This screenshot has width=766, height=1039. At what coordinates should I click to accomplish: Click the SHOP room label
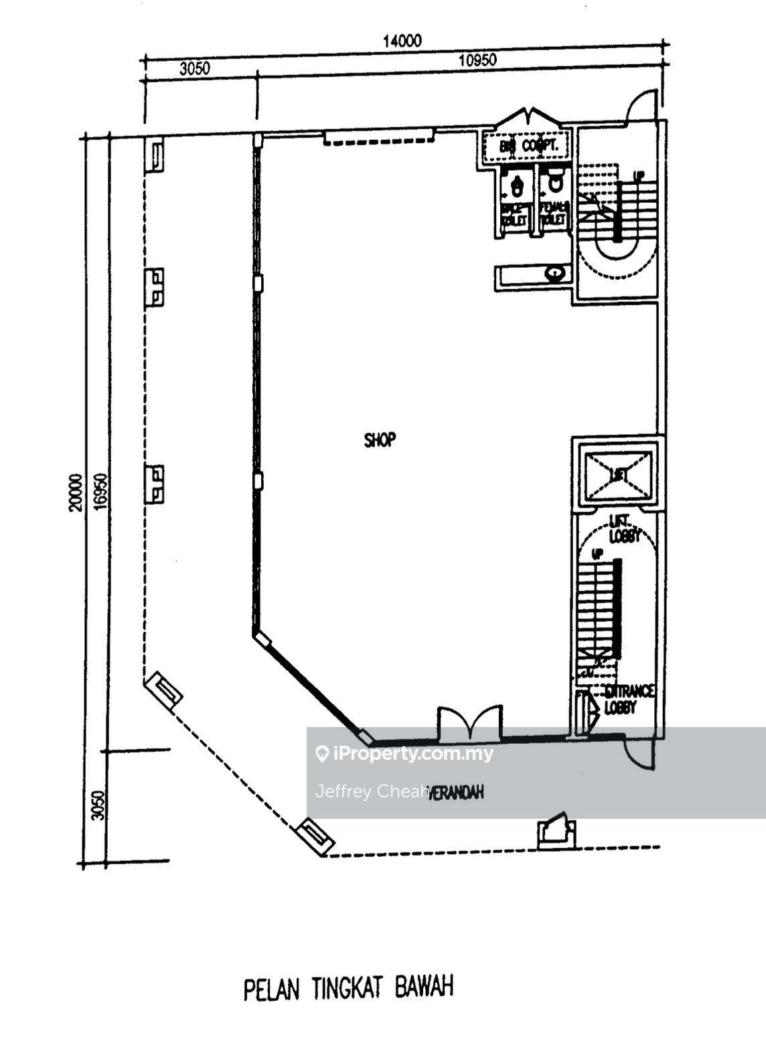tap(380, 440)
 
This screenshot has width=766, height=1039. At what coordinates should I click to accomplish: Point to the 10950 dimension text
tap(477, 60)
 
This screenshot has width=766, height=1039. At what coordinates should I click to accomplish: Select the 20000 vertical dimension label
tap(75, 493)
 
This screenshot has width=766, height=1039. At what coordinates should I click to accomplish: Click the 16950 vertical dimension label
tap(100, 493)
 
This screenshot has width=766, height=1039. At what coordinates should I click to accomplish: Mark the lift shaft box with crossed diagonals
tap(618, 475)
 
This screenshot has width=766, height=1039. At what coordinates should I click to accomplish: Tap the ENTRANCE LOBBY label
tap(627, 699)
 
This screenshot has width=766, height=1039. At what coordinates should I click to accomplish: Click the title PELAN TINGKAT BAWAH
tap(348, 988)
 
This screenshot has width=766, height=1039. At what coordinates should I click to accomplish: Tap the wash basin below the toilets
tap(553, 273)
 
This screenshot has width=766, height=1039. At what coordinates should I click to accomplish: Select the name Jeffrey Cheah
tap(372, 791)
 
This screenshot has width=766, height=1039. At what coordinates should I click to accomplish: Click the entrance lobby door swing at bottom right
tap(638, 753)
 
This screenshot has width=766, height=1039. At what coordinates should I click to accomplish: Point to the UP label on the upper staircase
tap(639, 175)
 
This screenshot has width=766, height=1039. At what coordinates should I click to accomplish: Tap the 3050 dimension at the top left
tap(196, 68)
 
